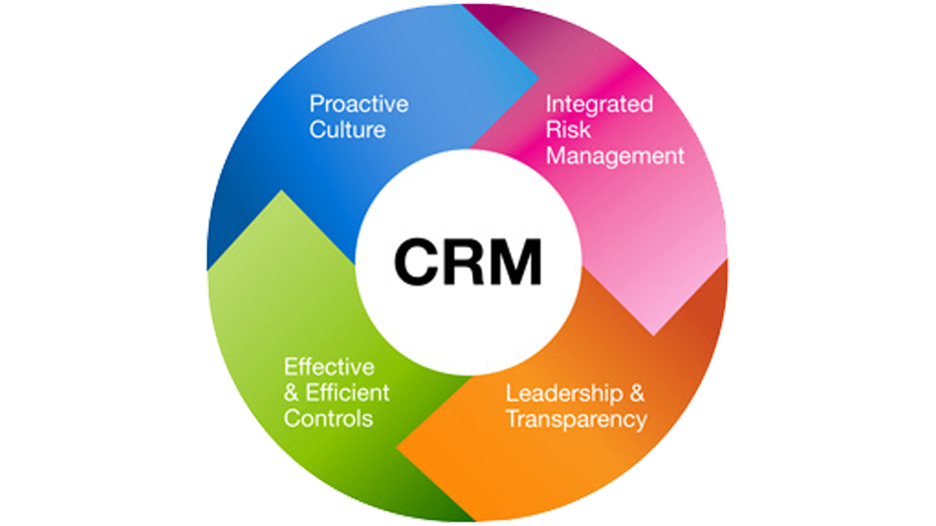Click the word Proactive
click(359, 105)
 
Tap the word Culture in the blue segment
click(347, 130)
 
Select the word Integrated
click(599, 105)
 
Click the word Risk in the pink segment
click(568, 130)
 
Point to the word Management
click(615, 156)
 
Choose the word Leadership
click(564, 394)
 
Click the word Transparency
click(576, 419)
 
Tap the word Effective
click(329, 367)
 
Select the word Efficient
click(347, 393)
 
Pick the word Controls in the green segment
click(328, 419)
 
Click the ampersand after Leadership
click(637, 394)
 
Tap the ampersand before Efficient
click(291, 393)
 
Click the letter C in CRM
click(415, 262)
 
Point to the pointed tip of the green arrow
click(281, 192)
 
